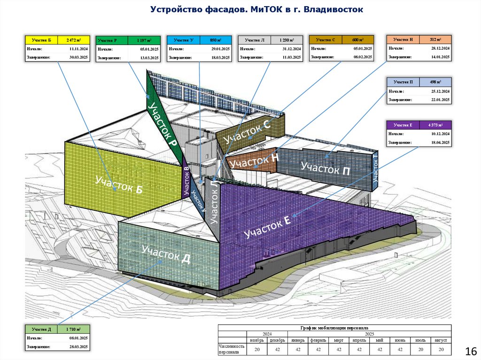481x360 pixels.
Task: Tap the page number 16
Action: tap(470, 352)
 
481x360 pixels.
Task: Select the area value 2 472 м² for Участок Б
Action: tap(74, 40)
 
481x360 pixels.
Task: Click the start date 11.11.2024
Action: tap(75, 48)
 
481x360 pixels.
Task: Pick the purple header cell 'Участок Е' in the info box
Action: tap(403, 125)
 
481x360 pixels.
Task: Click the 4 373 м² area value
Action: tap(435, 125)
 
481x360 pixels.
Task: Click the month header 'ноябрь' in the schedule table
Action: tap(257, 340)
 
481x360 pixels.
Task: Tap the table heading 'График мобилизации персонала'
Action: tap(334, 328)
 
